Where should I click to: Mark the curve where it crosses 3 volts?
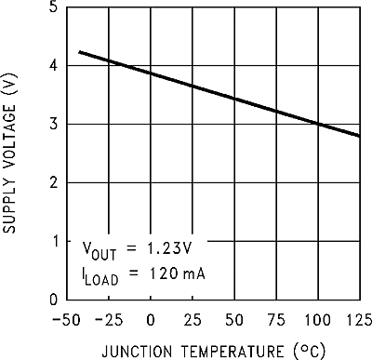click(x=317, y=124)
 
